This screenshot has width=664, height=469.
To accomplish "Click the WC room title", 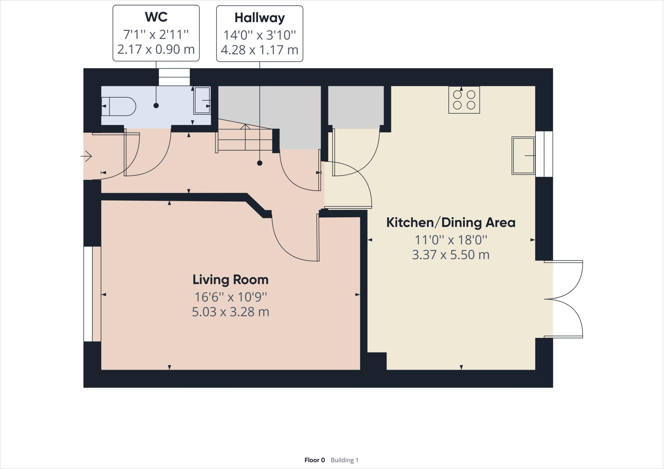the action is point(156,17).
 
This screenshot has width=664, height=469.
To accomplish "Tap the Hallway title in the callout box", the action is point(260,18).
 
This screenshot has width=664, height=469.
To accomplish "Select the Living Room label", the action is point(231,280).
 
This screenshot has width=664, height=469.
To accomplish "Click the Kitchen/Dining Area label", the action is point(451,222).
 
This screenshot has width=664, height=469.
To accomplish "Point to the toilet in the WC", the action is point(118,106).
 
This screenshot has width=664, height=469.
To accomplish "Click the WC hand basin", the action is point(202,101).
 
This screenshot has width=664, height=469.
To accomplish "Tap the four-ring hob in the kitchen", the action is point(464,100).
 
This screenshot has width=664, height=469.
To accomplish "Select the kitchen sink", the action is point(523,156).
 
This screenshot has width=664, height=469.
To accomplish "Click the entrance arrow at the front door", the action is point(86,156).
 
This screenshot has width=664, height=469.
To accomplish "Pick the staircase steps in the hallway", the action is point(244,139).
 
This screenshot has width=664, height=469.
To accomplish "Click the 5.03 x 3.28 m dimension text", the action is point(231,312).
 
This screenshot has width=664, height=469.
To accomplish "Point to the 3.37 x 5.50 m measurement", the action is point(451,255).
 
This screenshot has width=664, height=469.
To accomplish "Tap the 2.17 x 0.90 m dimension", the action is point(156,50).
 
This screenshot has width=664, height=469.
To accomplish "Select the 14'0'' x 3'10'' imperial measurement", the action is point(260,35).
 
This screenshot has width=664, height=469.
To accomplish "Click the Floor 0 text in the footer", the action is point(314,460).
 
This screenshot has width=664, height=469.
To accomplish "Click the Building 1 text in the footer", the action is point(344,460).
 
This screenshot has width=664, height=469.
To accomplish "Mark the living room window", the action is point(88,294).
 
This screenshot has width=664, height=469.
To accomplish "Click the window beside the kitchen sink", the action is point(544,154).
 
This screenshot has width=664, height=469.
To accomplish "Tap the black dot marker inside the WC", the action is point(156,105).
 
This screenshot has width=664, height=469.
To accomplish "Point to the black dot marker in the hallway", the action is point(260,163).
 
